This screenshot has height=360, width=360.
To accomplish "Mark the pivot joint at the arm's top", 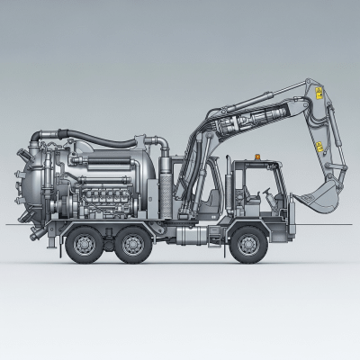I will (312, 85).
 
